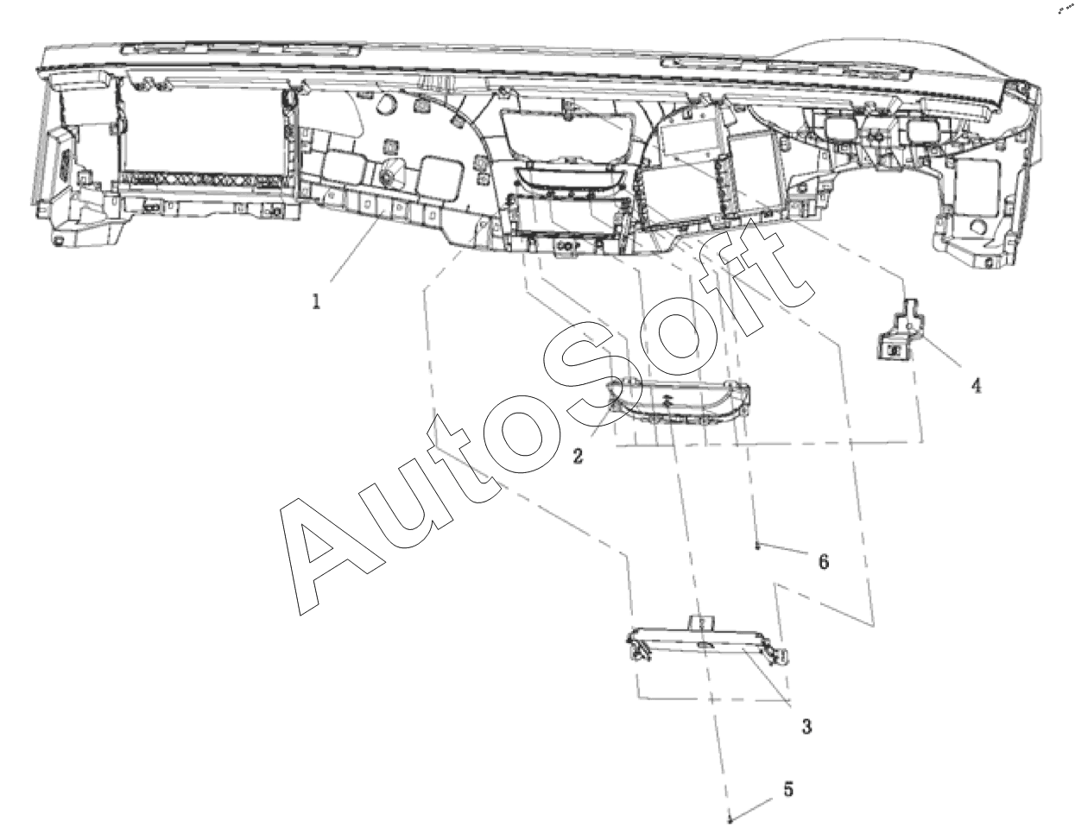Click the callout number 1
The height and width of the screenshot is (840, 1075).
pyautogui.click(x=316, y=301)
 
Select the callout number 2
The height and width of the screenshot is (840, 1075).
pyautogui.click(x=578, y=455)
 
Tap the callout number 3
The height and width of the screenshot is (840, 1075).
pyautogui.click(x=806, y=727)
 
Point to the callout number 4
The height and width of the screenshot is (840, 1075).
pyautogui.click(x=976, y=386)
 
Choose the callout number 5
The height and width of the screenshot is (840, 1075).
pyautogui.click(x=788, y=789)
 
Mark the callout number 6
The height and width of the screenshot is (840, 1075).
pyautogui.click(x=823, y=562)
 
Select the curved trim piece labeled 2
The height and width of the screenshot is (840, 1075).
pyautogui.click(x=678, y=401)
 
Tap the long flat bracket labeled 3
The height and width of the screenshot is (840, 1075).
pyautogui.click(x=707, y=641)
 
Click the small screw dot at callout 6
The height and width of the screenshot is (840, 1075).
pyautogui.click(x=757, y=546)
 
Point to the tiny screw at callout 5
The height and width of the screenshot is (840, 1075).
pyautogui.click(x=730, y=821)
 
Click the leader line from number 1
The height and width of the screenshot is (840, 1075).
pyautogui.click(x=357, y=251)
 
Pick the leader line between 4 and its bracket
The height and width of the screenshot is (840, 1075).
pyautogui.click(x=942, y=351)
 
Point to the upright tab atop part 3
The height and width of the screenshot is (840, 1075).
pyautogui.click(x=701, y=623)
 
